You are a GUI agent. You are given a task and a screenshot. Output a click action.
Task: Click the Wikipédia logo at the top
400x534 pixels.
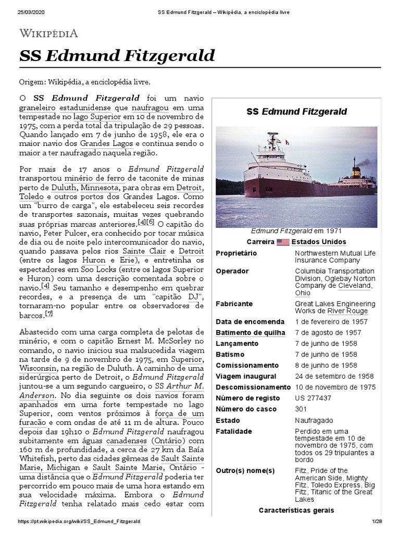48,34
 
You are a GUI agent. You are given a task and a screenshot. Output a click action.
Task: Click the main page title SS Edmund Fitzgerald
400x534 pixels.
117,56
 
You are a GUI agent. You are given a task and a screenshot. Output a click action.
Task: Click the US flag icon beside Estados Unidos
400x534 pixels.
283,242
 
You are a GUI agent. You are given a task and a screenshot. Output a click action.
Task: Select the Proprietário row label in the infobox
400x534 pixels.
237,253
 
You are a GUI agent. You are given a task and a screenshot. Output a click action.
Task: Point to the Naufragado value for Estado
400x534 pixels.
314,420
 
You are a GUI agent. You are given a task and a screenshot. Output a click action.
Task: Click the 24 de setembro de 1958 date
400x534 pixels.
334,377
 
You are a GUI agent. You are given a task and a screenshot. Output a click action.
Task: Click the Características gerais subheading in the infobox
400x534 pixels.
296,511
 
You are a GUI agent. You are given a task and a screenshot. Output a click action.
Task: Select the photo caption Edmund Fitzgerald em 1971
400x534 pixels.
296,230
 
